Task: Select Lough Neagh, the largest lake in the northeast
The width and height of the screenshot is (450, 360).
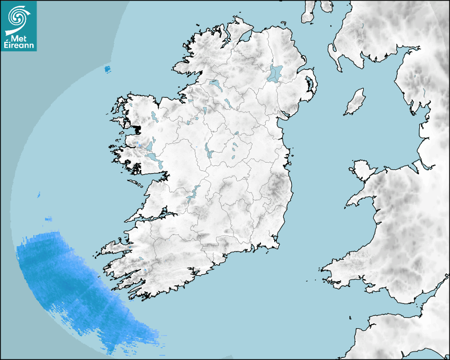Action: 275,73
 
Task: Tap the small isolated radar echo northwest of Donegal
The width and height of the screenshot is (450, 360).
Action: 107,69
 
